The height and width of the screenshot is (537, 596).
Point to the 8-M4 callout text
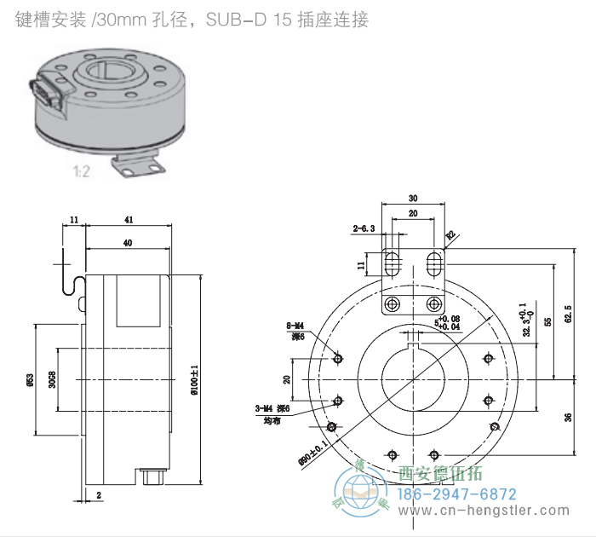295,326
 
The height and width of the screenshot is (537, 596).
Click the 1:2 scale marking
83,171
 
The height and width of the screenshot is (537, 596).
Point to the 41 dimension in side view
129,220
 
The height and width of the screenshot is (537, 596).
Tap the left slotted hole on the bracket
392,263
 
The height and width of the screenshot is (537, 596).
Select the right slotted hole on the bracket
434,263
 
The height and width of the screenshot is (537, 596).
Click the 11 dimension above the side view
74,220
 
